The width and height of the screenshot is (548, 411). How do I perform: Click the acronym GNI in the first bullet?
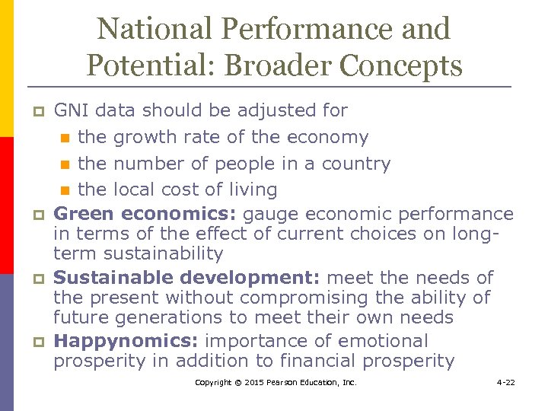click(x=71, y=110)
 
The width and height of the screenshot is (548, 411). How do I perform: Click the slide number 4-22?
click(x=505, y=382)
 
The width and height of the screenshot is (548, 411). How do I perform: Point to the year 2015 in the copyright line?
click(x=256, y=382)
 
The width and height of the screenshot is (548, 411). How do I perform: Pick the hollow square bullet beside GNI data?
click(x=36, y=112)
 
